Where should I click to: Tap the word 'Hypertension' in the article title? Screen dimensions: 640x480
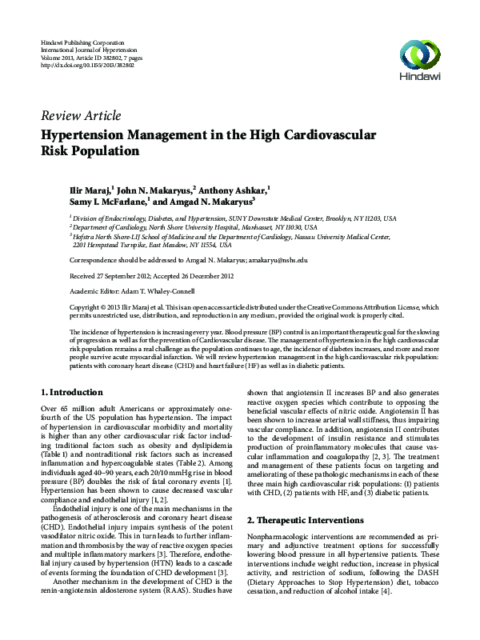pyautogui.click(x=99, y=134)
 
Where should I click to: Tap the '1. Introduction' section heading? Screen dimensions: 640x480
pyautogui.click(x=71, y=393)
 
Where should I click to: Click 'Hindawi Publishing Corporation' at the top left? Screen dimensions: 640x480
pyautogui.click(x=82, y=40)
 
